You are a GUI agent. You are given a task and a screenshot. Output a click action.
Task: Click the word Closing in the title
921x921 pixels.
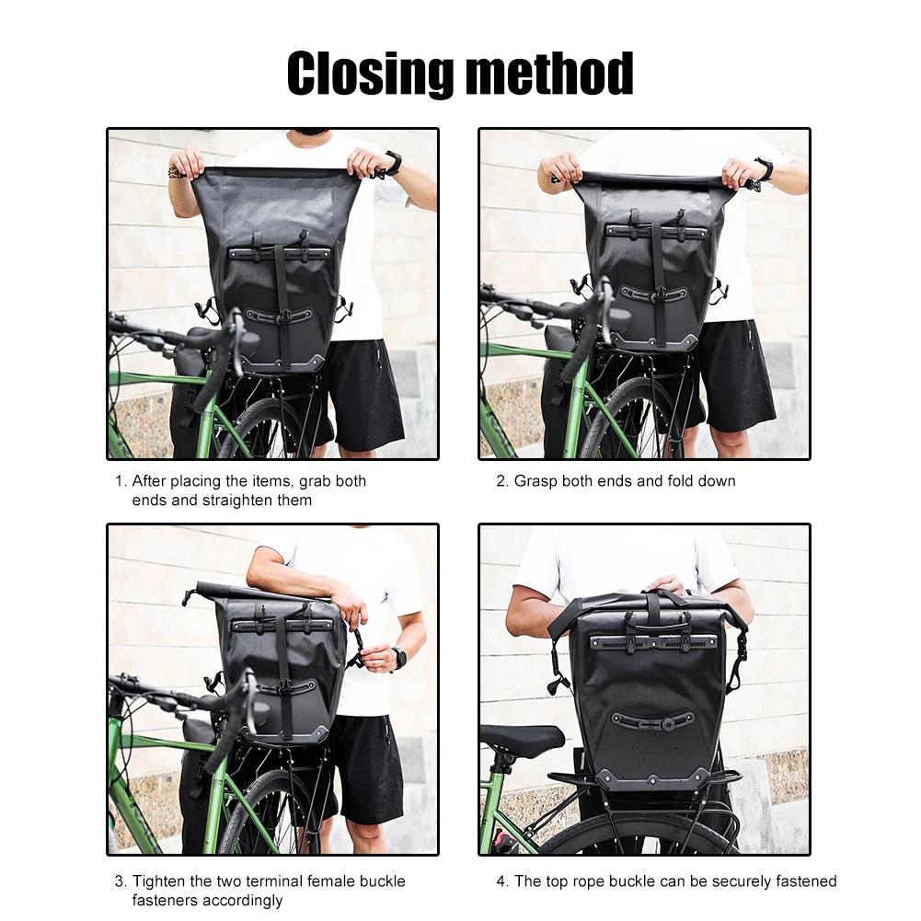[368, 74]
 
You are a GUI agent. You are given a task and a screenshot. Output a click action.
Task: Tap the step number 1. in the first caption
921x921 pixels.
[120, 481]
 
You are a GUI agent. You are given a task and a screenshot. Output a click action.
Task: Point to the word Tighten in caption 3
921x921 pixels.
[160, 881]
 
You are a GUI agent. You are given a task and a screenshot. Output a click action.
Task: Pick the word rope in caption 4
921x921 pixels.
[595, 881]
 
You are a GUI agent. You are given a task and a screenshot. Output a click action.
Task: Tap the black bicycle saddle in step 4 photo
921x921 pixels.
[522, 738]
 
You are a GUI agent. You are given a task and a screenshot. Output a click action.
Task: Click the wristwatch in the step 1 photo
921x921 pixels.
[393, 164]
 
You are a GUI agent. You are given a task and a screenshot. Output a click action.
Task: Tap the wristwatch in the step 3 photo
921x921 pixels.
[399, 658]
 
